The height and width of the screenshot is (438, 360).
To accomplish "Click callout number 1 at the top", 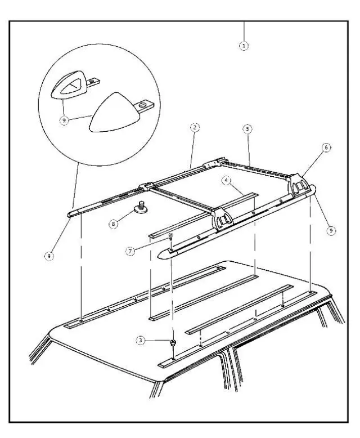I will tap(244, 44).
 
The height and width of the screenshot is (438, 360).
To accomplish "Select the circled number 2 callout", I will tap(193, 128).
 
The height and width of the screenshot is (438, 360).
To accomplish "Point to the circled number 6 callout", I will tap(326, 148).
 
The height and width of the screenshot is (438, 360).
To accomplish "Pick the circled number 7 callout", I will tap(130, 252).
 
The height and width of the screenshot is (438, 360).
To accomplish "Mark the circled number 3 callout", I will tap(141, 340).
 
